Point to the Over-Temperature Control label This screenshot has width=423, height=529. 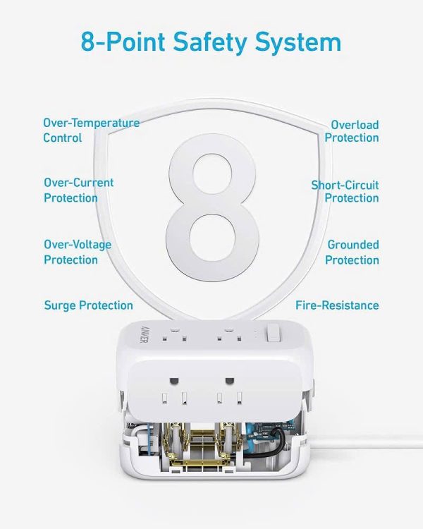click(x=91, y=130)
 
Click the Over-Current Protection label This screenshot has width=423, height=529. click(x=78, y=190)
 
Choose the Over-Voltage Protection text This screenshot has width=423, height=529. click(x=77, y=253)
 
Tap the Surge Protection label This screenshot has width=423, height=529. click(x=88, y=305)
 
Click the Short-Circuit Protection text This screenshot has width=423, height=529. click(x=345, y=191)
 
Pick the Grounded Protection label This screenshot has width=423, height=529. click(x=352, y=253)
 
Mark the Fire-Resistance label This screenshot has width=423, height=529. click(x=337, y=305)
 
